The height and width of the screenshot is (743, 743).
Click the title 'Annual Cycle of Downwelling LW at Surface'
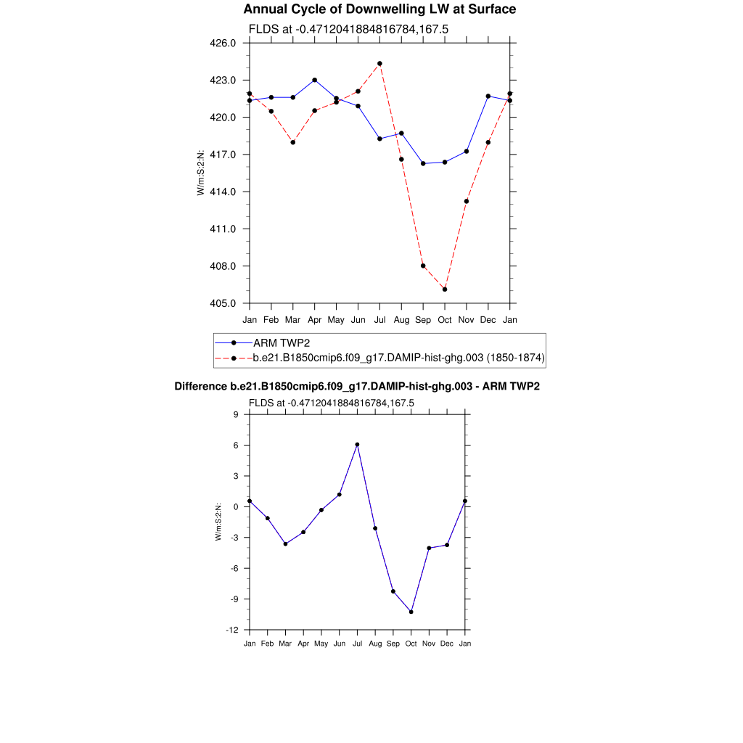[379, 9]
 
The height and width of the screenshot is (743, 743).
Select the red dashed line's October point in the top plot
[445, 290]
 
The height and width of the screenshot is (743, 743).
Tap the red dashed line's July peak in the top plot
[379, 64]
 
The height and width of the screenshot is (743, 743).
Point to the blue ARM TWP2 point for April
[314, 80]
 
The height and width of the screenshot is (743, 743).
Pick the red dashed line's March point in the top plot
[292, 142]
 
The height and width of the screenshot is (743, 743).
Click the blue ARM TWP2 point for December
[488, 96]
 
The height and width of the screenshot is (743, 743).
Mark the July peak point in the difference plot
[357, 445]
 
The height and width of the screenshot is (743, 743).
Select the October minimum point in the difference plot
[411, 612]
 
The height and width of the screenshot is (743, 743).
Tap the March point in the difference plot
[285, 543]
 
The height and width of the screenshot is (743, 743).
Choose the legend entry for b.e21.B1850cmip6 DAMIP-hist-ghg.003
[398, 358]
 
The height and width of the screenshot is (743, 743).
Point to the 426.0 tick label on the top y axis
[223, 43]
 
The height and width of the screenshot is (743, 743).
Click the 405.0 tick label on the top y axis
[223, 303]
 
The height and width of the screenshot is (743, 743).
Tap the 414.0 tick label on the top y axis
[223, 192]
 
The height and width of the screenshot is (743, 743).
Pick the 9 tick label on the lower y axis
[236, 414]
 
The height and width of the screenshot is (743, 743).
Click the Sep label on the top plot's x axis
[423, 320]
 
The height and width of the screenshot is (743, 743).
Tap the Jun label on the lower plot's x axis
[339, 644]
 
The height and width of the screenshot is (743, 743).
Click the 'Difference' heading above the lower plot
[201, 387]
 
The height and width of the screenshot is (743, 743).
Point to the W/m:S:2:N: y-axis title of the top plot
[201, 173]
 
